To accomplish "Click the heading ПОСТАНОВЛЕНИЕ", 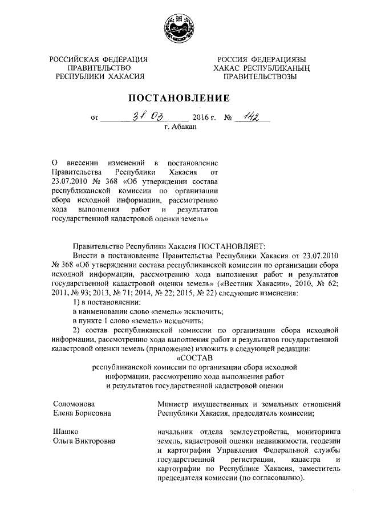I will (182, 98).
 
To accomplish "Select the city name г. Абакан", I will (180, 128).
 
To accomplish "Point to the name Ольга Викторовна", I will (84, 441).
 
